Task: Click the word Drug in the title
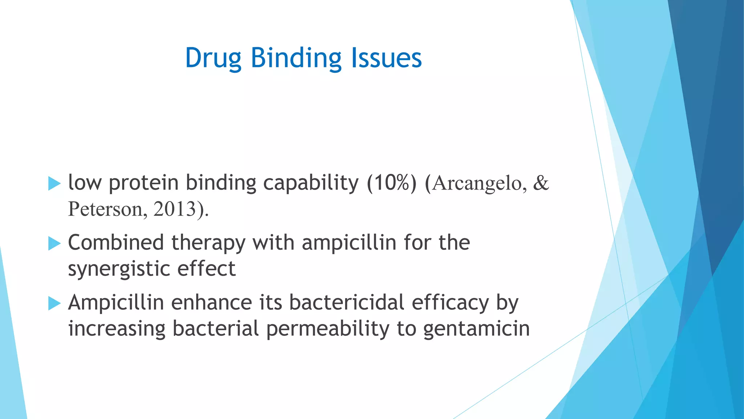click(x=213, y=58)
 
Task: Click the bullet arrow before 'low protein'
click(x=54, y=183)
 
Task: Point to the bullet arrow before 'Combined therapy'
click(x=54, y=243)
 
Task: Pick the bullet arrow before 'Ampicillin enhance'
click(x=54, y=303)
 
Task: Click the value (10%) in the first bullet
click(x=392, y=183)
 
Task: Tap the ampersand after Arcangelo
click(x=541, y=183)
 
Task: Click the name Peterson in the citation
click(x=108, y=209)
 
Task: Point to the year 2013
click(x=175, y=209)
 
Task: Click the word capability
click(x=311, y=183)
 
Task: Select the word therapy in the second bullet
click(x=208, y=243)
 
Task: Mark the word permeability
click(x=327, y=329)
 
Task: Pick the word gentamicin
click(x=476, y=329)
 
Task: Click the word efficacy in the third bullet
click(x=450, y=303)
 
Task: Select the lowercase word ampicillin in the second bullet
click(x=349, y=243)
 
